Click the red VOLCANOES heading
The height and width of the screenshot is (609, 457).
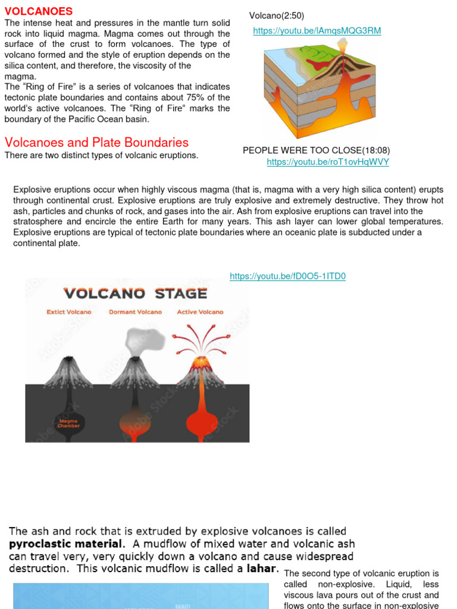[x=38, y=11]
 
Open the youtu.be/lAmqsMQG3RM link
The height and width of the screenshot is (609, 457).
[x=317, y=31]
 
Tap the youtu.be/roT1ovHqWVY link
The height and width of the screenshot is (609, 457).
[x=328, y=162]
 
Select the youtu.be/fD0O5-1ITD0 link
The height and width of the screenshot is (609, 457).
[x=287, y=276]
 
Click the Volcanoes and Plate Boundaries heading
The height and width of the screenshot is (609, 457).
[x=96, y=143]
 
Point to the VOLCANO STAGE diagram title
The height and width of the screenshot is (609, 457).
[x=135, y=293]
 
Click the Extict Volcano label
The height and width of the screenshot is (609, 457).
[x=69, y=312]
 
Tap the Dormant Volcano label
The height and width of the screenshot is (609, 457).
[x=135, y=312]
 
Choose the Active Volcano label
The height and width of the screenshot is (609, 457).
[x=200, y=312]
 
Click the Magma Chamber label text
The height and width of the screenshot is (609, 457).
[x=68, y=424]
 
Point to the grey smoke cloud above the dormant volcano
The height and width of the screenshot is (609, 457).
[x=143, y=339]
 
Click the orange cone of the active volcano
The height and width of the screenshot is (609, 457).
[x=201, y=369]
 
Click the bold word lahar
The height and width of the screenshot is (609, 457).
[x=259, y=568]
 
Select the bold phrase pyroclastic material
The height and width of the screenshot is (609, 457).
[x=65, y=544]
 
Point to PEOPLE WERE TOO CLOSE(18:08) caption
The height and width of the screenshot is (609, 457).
[x=316, y=150]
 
